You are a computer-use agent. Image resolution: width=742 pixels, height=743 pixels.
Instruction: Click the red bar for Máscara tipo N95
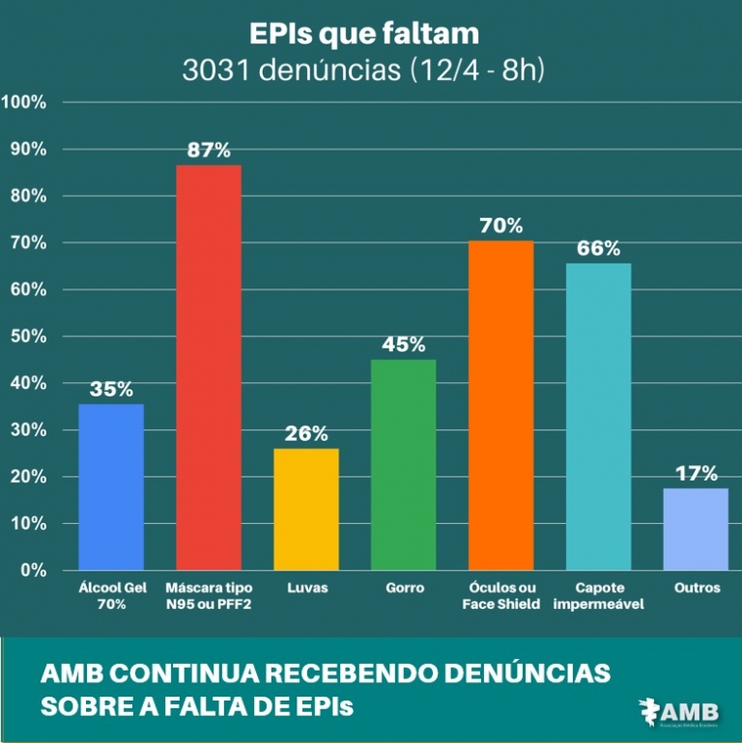coord(209,367)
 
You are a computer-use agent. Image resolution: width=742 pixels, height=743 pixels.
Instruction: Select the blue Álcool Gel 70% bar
coord(111,486)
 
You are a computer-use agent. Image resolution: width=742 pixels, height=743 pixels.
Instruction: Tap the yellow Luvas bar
coord(306,509)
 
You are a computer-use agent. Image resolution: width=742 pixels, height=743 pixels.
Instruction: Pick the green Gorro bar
coord(403,464)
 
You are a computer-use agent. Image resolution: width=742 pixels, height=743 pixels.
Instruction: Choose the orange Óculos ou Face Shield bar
coord(500,405)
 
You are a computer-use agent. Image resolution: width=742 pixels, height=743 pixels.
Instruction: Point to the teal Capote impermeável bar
coord(598,416)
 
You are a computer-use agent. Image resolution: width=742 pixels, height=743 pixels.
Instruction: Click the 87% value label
coord(209,151)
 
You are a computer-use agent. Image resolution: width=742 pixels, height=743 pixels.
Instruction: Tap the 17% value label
coord(697,474)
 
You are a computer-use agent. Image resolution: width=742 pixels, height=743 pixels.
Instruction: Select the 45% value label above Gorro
coord(403,344)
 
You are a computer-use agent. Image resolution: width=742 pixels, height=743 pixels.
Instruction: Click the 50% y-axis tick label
coord(29,337)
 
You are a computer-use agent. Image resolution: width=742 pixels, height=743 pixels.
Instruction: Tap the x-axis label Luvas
coord(306,588)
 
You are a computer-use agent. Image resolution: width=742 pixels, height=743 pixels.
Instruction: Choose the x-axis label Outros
coord(697,588)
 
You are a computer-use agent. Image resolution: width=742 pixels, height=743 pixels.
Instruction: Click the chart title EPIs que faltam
coord(364,34)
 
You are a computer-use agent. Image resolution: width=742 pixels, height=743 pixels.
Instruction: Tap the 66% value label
coord(598,248)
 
